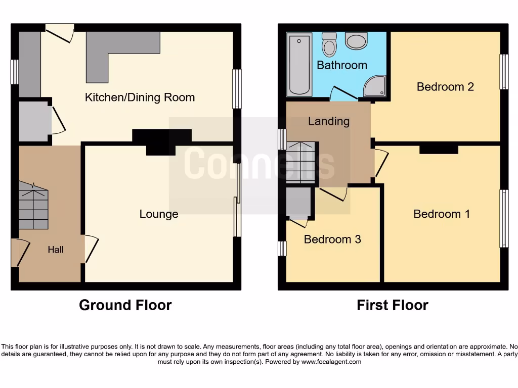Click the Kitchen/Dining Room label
(x=140, y=98)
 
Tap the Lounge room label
(x=159, y=214)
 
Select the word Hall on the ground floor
(x=56, y=250)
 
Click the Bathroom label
(x=341, y=65)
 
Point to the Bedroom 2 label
(x=445, y=87)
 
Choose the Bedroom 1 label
(x=442, y=214)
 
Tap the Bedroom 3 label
(x=332, y=239)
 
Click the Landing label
(x=329, y=121)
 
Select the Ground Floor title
(x=125, y=305)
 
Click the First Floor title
(x=393, y=305)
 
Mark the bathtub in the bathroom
(x=299, y=65)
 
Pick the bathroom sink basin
(x=357, y=41)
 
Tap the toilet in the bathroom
(x=329, y=45)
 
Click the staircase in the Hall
(x=33, y=206)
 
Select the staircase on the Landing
(x=301, y=162)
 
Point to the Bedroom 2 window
(x=504, y=72)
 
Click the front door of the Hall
(x=16, y=253)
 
